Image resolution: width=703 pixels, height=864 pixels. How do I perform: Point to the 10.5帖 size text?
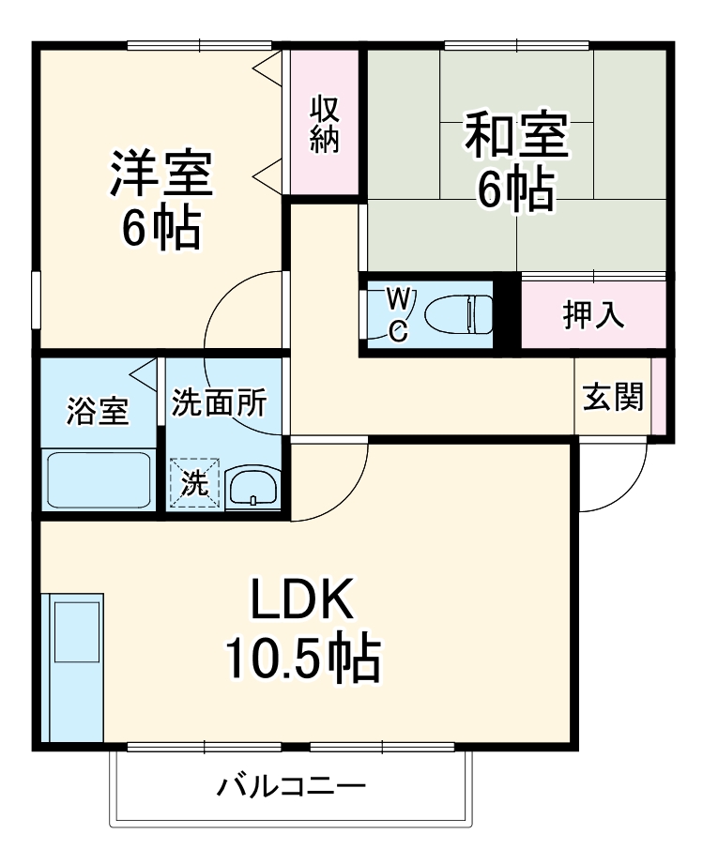[302, 659]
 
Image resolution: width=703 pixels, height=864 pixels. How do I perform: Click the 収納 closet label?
[326, 125]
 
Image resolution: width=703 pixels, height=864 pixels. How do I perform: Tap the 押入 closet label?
[593, 316]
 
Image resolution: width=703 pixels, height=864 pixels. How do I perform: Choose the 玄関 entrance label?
[614, 397]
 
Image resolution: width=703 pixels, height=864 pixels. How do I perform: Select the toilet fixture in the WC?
[459, 314]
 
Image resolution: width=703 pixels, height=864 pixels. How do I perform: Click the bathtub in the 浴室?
[99, 481]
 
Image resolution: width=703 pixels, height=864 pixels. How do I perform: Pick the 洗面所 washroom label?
[219, 403]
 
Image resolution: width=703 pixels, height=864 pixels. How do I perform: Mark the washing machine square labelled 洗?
[195, 483]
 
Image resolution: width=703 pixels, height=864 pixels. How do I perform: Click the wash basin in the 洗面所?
[252, 487]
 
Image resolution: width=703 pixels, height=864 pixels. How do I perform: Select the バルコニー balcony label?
[292, 784]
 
